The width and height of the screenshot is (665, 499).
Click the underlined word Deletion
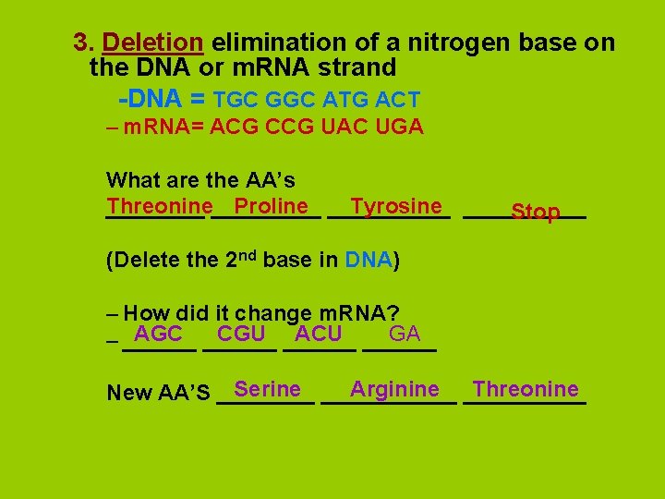152,43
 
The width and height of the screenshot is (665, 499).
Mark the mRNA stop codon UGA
400,128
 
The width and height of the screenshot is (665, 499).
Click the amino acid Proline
271,206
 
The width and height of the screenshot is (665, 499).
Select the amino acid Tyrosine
396,206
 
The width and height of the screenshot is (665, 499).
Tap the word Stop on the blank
536,213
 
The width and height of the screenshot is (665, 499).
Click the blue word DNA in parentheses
369,260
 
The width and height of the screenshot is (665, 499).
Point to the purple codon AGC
158,334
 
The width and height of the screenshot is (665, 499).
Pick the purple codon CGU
241,334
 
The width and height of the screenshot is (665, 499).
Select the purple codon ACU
319,334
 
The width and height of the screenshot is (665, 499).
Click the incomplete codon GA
405,334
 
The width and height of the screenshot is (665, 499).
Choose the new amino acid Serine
267,389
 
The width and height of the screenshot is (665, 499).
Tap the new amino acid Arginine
394,389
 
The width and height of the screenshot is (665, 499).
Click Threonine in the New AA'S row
526,389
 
